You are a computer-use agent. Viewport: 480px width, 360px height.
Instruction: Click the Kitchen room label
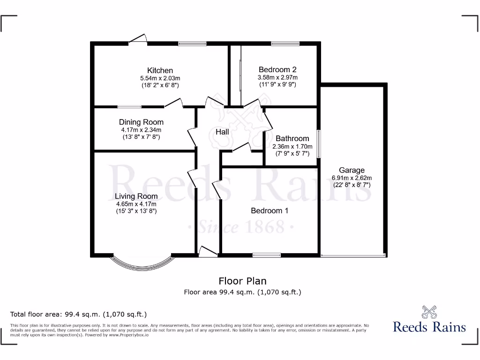(x=160, y=71)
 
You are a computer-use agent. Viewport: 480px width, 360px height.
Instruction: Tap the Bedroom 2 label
(x=277, y=70)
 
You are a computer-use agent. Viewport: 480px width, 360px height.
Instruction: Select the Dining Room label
(x=141, y=122)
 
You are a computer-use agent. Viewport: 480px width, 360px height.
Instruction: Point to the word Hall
(x=222, y=132)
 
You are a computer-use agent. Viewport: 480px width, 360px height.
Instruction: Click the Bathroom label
(x=292, y=138)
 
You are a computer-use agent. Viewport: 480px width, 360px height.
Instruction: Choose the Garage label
(x=352, y=170)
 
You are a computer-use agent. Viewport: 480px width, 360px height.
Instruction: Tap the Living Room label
(x=136, y=196)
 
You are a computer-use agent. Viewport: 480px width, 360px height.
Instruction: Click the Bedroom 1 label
(x=270, y=210)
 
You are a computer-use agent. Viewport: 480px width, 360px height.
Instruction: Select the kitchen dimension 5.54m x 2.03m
(x=160, y=78)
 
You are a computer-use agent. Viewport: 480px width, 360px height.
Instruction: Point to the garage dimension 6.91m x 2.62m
(x=352, y=178)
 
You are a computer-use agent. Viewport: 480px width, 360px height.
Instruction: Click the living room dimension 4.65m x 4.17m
(x=136, y=204)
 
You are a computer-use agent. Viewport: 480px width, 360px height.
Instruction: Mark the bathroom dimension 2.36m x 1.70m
(x=292, y=146)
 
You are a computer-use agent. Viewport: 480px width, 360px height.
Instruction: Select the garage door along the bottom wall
(x=353, y=255)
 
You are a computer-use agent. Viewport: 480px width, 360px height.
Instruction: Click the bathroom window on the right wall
(x=319, y=143)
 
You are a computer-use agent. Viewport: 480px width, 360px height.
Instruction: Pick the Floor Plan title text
(x=242, y=281)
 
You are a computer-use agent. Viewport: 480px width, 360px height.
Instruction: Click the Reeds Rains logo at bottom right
(x=429, y=320)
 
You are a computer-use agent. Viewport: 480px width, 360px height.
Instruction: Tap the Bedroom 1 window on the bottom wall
(x=267, y=255)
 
